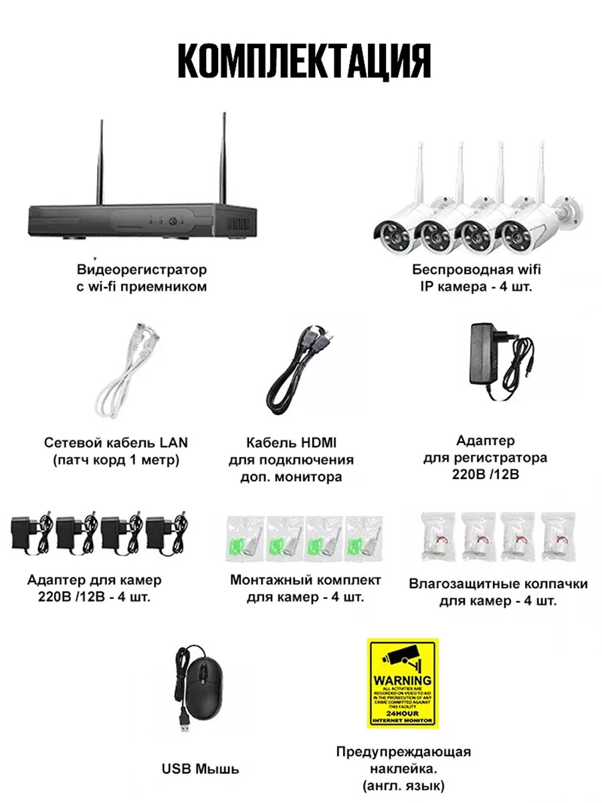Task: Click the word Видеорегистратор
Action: point(142,270)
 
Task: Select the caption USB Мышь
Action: point(200,769)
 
